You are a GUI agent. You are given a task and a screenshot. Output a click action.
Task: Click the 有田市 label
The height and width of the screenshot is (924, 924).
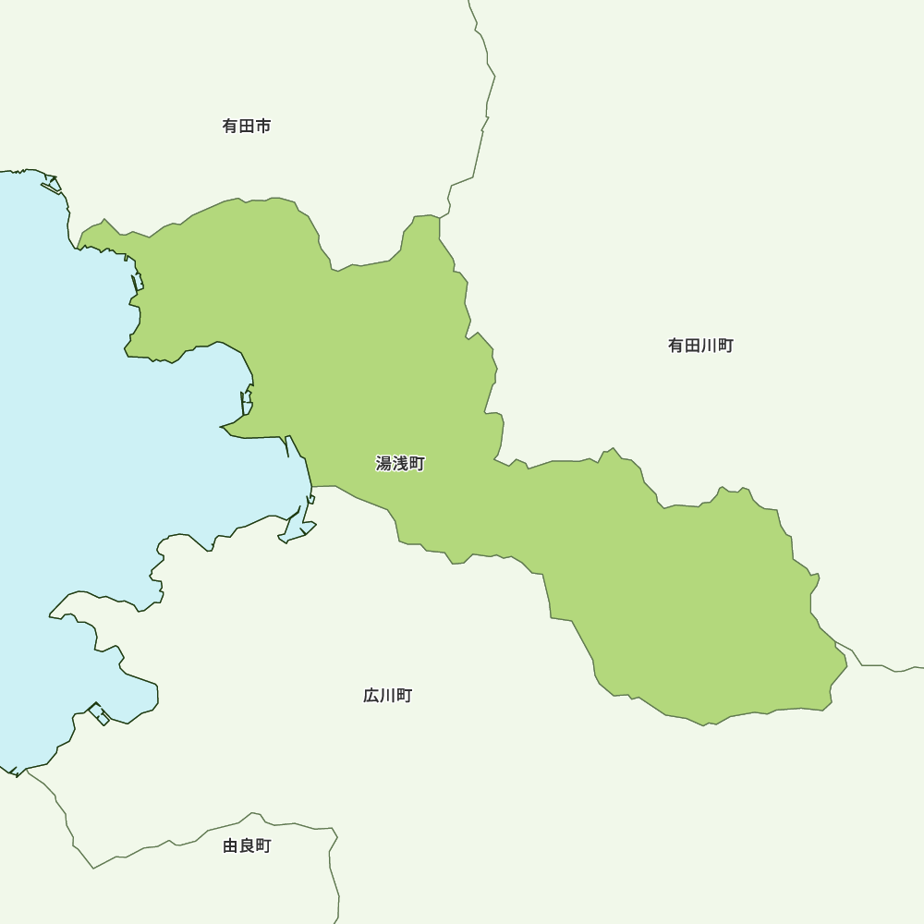[x=247, y=126]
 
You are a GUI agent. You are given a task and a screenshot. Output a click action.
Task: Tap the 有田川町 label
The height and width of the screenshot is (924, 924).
[x=700, y=346]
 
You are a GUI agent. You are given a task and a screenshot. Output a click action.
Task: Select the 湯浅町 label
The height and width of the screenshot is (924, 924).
[x=400, y=464]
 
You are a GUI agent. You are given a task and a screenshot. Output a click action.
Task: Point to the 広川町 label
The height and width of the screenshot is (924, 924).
[x=388, y=696]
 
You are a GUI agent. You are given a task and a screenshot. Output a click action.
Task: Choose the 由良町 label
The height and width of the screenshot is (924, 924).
[x=247, y=845]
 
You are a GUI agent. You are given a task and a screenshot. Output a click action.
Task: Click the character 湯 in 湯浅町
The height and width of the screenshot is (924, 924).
[x=384, y=464]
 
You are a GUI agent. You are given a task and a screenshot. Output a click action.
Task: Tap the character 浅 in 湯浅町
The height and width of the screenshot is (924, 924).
[x=400, y=464]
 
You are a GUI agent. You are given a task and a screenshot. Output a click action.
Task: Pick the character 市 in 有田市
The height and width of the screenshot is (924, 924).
[x=263, y=126]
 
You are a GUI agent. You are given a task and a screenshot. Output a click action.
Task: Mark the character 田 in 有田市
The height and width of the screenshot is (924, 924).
[x=247, y=126]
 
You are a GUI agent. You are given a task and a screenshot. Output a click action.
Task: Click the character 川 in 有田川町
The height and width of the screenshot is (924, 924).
[x=709, y=346]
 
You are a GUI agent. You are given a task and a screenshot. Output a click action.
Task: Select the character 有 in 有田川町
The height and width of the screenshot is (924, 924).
[x=676, y=346]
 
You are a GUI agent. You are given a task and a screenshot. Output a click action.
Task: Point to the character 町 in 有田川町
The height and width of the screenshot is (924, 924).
[x=725, y=346]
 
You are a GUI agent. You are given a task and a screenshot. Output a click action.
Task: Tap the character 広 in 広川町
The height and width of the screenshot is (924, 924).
[x=371, y=696]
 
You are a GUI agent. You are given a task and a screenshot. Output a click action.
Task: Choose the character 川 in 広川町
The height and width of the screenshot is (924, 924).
[x=388, y=696]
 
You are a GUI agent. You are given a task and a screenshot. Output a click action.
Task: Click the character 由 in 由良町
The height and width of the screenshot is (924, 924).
[x=231, y=845]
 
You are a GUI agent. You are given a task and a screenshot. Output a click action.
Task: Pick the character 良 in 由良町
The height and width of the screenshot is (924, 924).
[x=247, y=845]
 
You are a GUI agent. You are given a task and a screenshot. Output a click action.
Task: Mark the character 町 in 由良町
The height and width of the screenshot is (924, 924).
[x=263, y=845]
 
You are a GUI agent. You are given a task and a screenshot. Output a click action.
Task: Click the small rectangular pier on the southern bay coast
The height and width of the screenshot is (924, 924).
[x=99, y=714]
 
